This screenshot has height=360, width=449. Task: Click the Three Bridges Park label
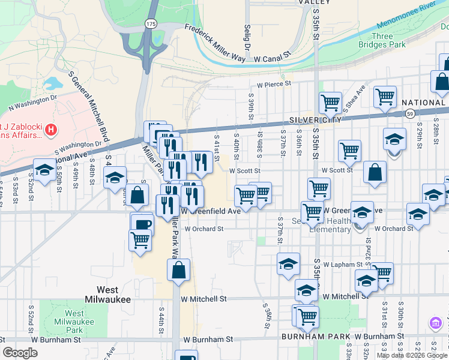coord(382,40)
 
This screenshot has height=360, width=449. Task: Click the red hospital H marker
coord(51,129)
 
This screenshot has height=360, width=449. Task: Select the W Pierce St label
coord(274,85)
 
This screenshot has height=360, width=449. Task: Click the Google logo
coord(20,353)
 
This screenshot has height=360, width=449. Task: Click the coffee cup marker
coord(142,224)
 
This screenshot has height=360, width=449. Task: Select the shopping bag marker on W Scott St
coord(375,172)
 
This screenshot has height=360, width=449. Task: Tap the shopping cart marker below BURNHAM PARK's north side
coord(307,316)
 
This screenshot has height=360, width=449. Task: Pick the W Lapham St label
coord(343,265)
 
